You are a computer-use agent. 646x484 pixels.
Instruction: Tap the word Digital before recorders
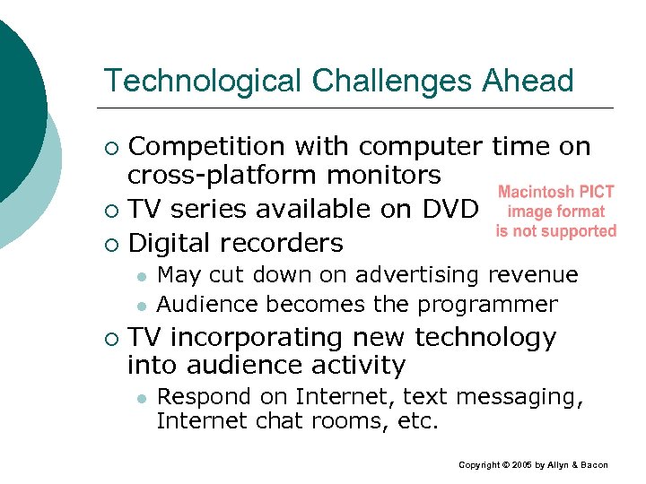pos(170,243)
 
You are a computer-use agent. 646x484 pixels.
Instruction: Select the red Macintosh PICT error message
pos(556,212)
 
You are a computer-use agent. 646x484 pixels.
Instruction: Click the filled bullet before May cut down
pos(142,276)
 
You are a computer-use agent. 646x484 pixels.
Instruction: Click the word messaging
pos(528,397)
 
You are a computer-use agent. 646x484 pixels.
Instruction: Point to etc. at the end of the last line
pos(418,420)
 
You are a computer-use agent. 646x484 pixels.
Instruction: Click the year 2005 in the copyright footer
pos(524,465)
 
